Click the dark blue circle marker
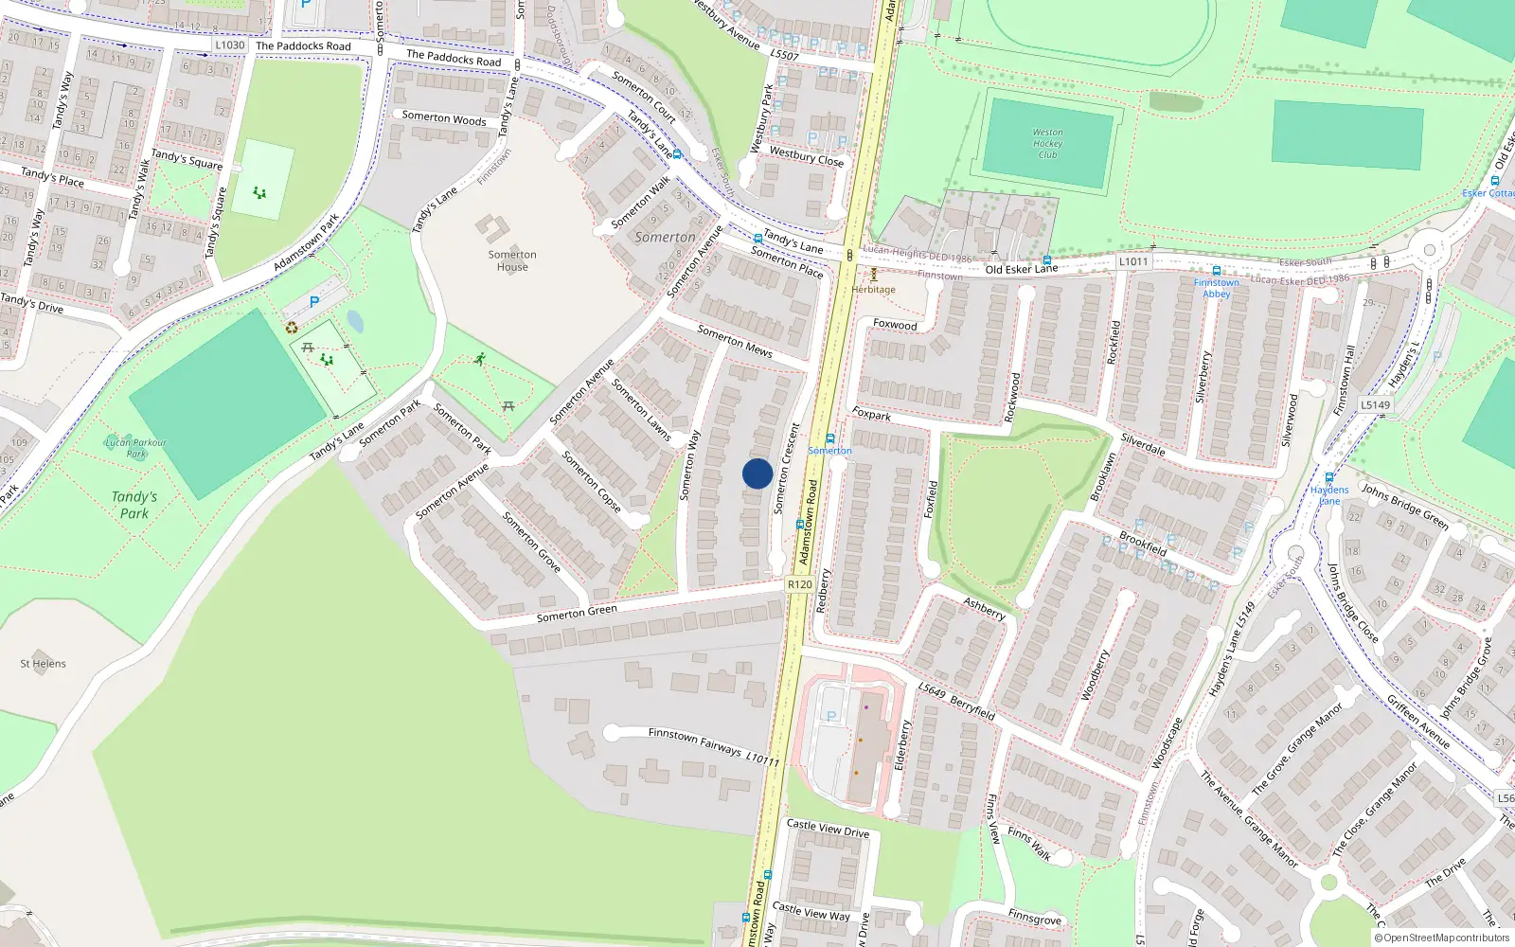[x=757, y=473]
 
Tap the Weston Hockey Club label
[x=1047, y=144]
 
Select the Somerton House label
[x=512, y=260]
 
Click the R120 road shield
[x=800, y=584]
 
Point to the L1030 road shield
[x=229, y=45]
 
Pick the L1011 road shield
[x=1133, y=261]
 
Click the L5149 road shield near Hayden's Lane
[x=1375, y=404]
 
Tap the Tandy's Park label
[x=134, y=505]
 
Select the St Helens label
[x=43, y=664]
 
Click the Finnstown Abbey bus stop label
[x=1216, y=288]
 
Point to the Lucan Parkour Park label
[x=135, y=447]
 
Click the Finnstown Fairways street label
[x=695, y=742]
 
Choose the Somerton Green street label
[x=577, y=613]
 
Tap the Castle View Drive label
[x=828, y=829]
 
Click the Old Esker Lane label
[x=1022, y=269]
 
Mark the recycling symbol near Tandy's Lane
[x=292, y=328]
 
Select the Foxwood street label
[x=895, y=325]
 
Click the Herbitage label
[x=873, y=290]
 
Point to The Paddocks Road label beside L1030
[x=303, y=45]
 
